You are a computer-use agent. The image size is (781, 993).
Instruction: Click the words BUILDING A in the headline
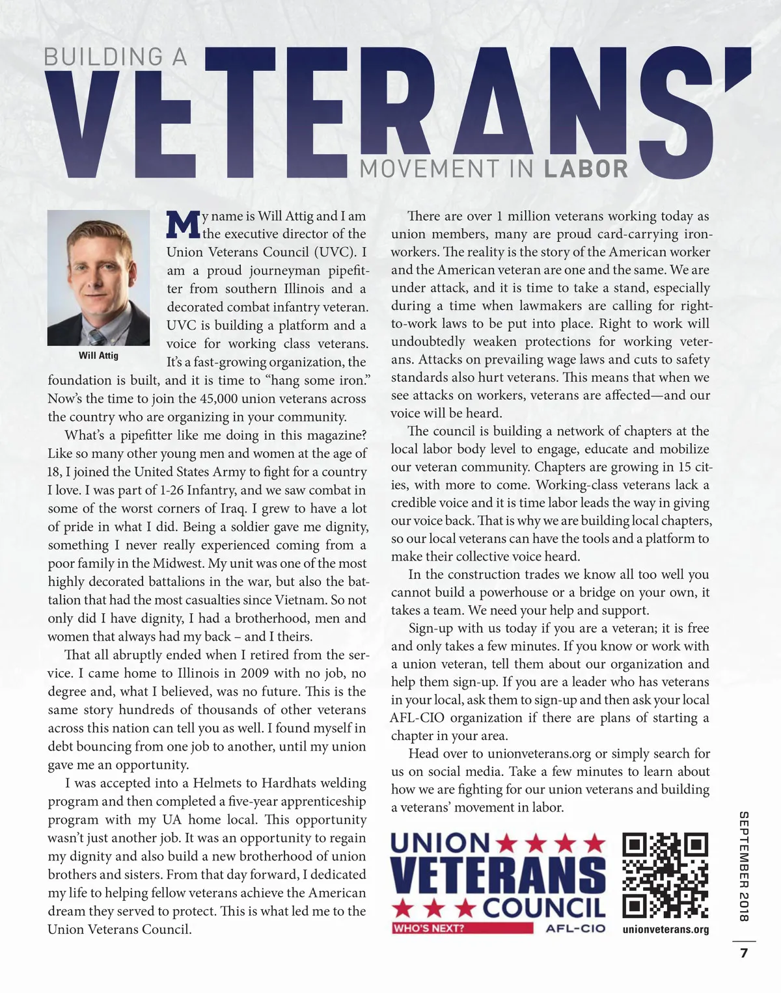click(115, 57)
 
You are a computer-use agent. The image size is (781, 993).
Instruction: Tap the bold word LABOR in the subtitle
click(586, 169)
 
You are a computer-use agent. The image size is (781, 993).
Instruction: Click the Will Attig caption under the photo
click(98, 355)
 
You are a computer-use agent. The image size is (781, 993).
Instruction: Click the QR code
click(665, 875)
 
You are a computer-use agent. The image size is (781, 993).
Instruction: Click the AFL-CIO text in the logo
click(575, 928)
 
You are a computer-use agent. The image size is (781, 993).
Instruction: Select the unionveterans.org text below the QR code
click(665, 929)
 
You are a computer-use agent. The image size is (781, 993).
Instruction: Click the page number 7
click(744, 953)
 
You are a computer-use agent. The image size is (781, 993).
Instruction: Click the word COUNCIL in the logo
click(544, 907)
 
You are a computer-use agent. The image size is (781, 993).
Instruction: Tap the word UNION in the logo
click(440, 843)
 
